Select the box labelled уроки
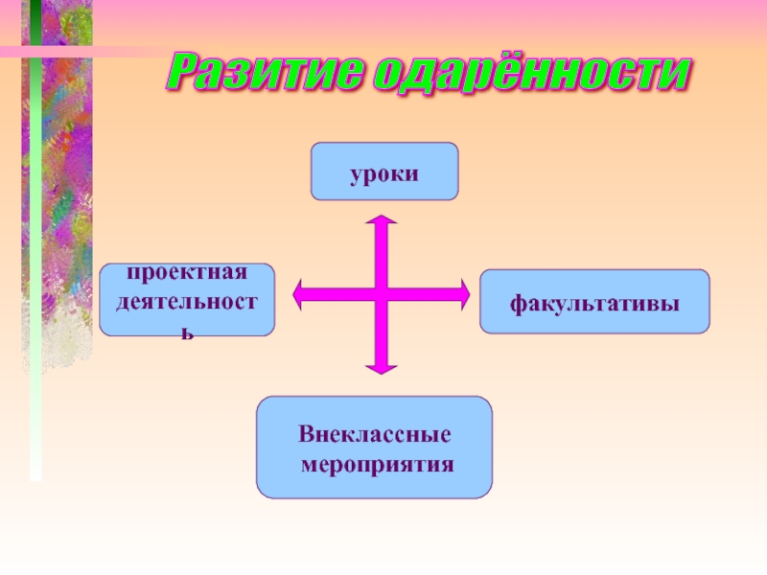383,172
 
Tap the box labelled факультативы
594,302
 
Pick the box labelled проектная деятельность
187,300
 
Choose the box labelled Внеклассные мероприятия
374,448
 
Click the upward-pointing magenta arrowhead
382,224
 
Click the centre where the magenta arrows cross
382,295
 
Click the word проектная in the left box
188,274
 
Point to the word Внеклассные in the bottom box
374,435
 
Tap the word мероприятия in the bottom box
377,464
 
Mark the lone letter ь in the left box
189,331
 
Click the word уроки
383,173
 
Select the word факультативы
594,304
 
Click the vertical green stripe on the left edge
35,240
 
